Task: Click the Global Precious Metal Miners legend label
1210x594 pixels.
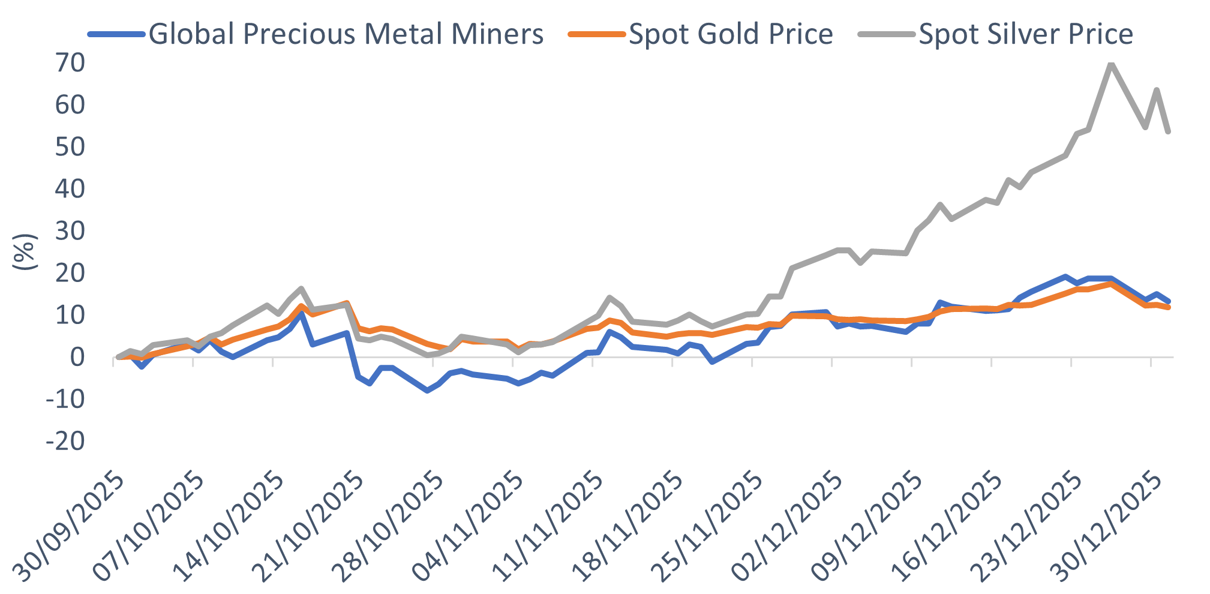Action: [346, 34]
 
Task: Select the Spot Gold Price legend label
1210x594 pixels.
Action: [731, 34]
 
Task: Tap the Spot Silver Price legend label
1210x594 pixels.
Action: [1026, 34]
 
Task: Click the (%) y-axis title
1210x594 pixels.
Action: [25, 252]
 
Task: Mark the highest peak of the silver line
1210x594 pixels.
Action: [1111, 64]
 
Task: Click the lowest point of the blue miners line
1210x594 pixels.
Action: [427, 391]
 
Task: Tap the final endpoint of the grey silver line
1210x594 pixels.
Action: [1168, 131]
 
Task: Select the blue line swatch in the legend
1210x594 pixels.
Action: [116, 34]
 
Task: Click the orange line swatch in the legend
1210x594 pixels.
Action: [596, 34]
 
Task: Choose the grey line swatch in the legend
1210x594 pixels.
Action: [887, 34]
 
